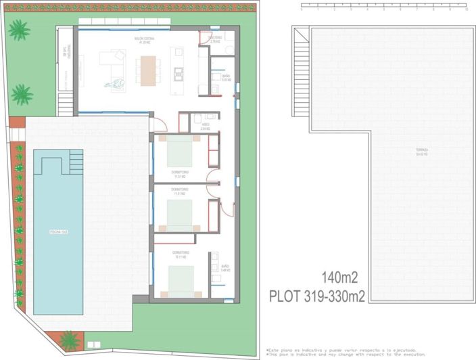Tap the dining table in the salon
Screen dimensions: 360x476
[x=147, y=69]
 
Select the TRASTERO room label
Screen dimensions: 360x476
[x=216, y=39]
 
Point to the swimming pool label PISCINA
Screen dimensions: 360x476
[x=58, y=232]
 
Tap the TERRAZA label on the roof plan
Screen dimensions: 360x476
[x=404, y=151]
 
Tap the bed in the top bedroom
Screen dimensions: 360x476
[x=181, y=152]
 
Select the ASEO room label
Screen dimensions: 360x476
[x=206, y=127]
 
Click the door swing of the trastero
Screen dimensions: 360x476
[x=204, y=39]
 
